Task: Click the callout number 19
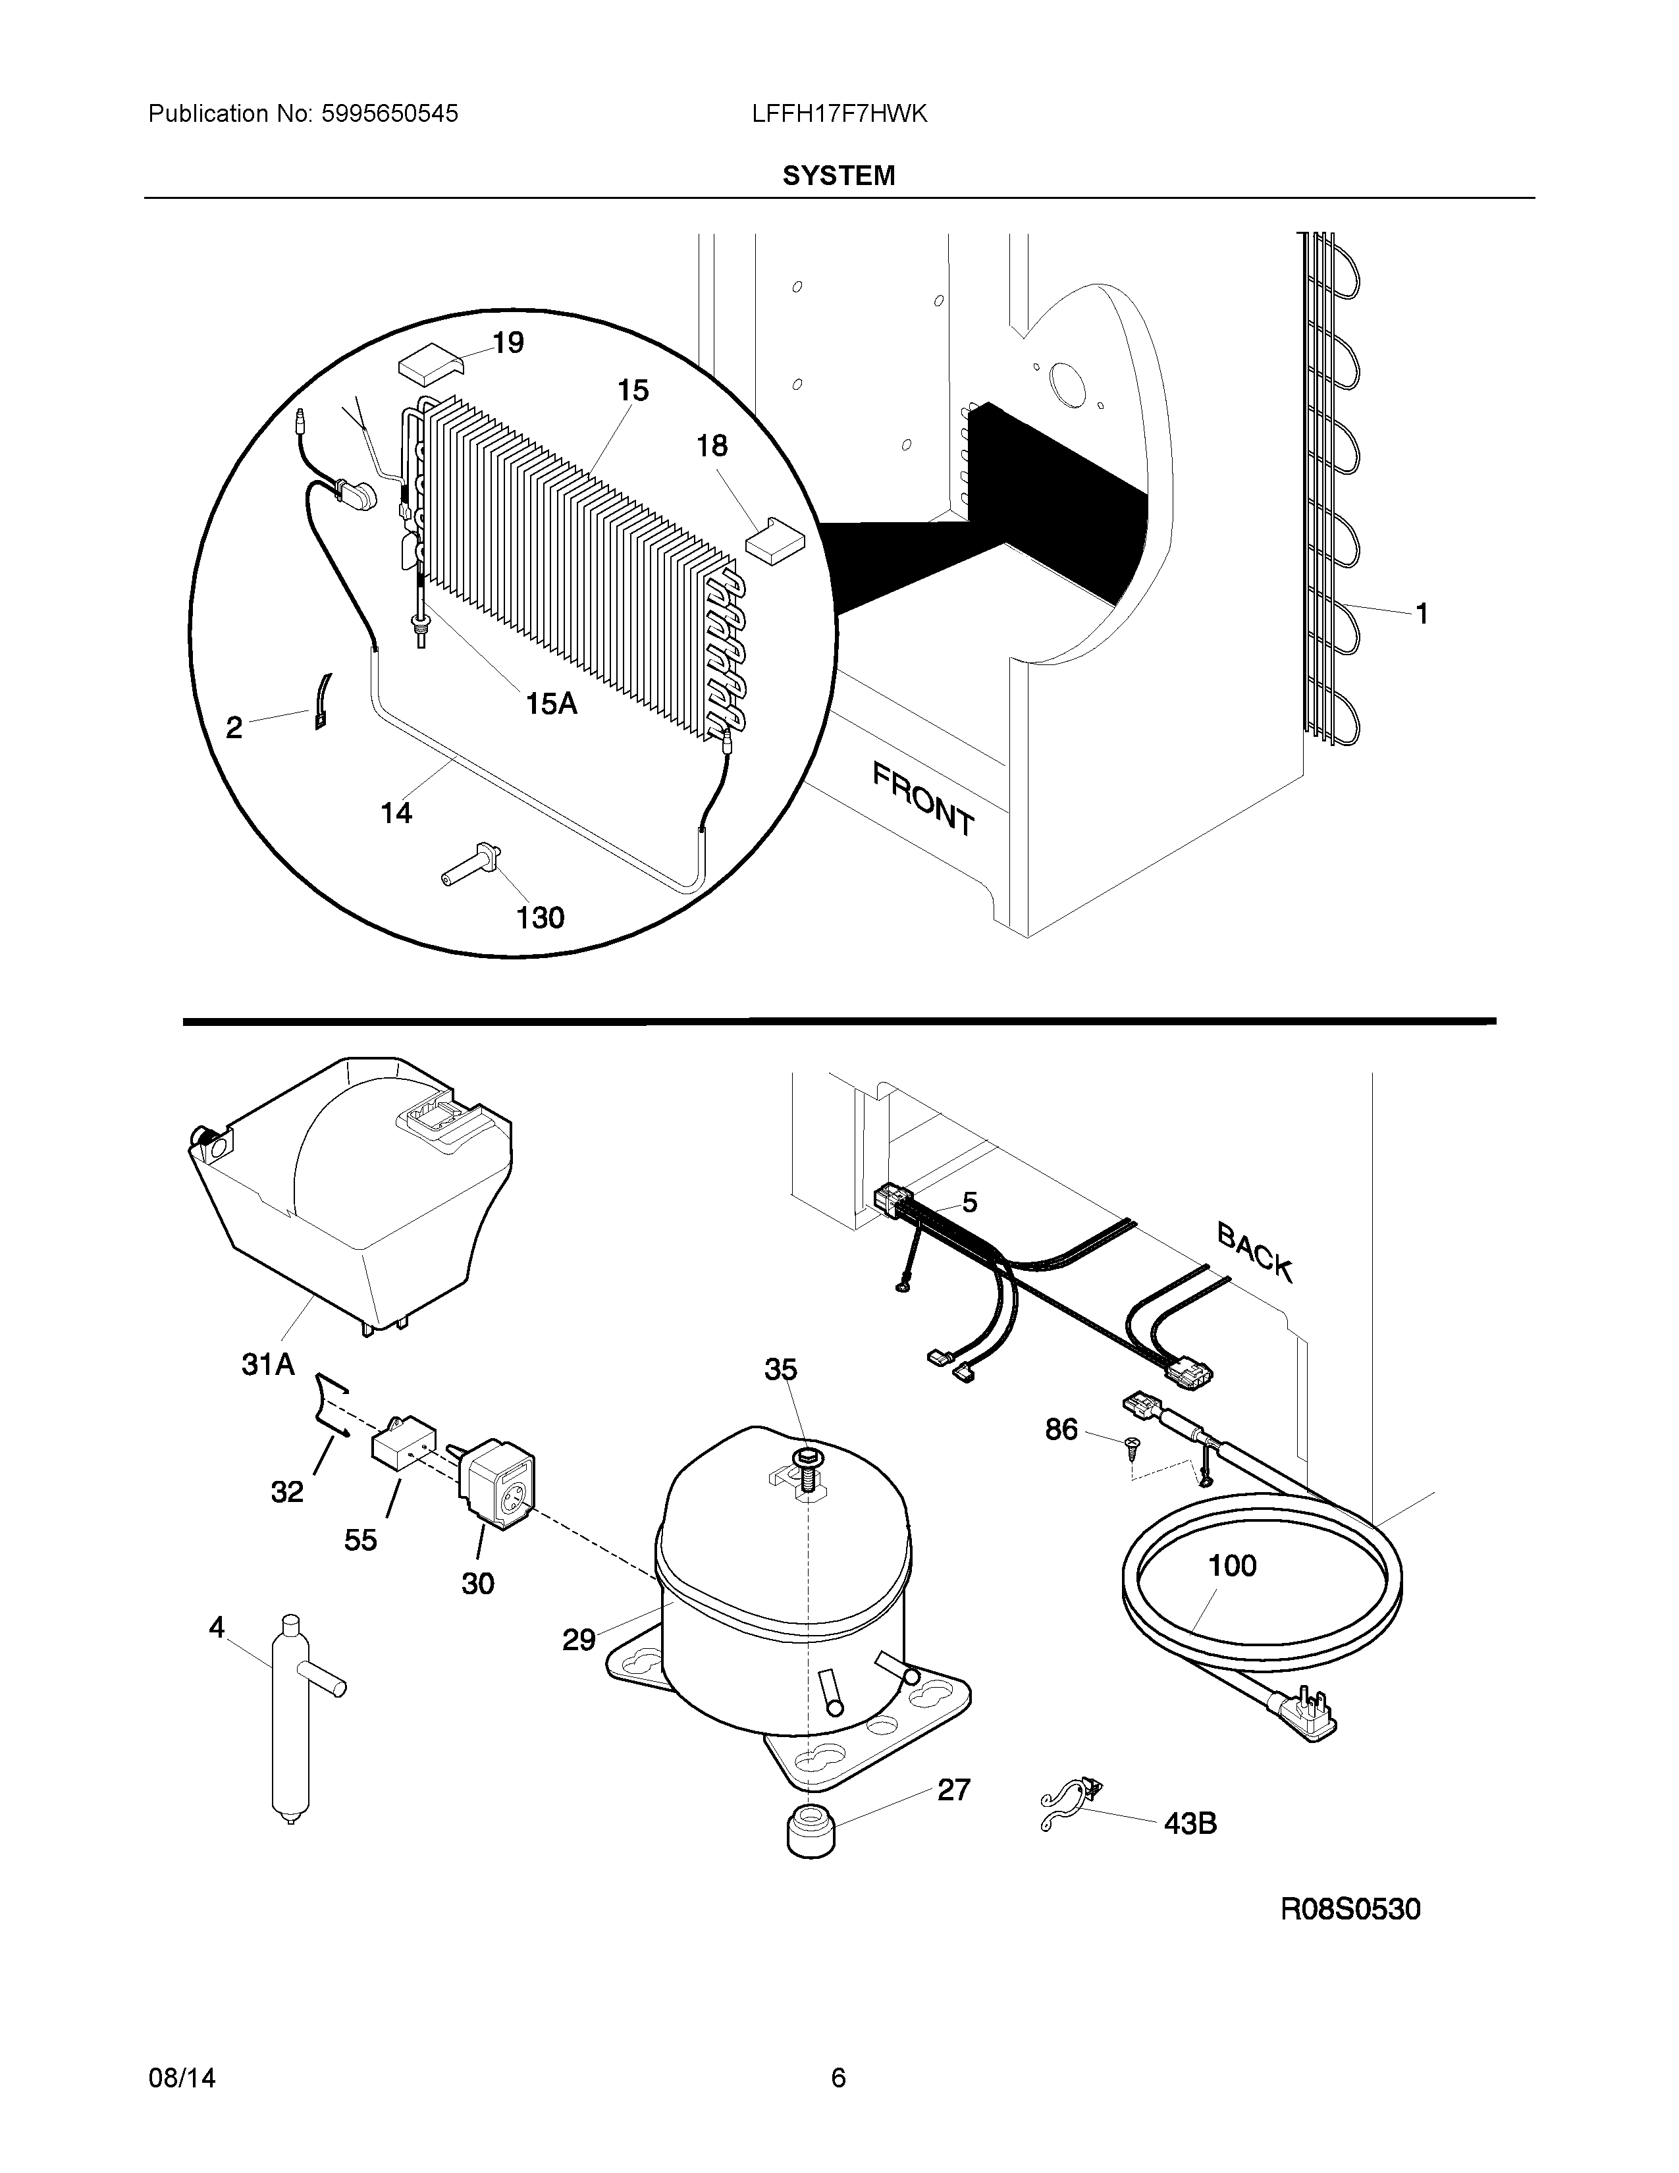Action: click(508, 343)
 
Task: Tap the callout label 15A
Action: click(551, 705)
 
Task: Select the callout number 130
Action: click(540, 917)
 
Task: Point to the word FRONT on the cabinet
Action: click(924, 798)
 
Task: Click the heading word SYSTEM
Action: click(838, 176)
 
